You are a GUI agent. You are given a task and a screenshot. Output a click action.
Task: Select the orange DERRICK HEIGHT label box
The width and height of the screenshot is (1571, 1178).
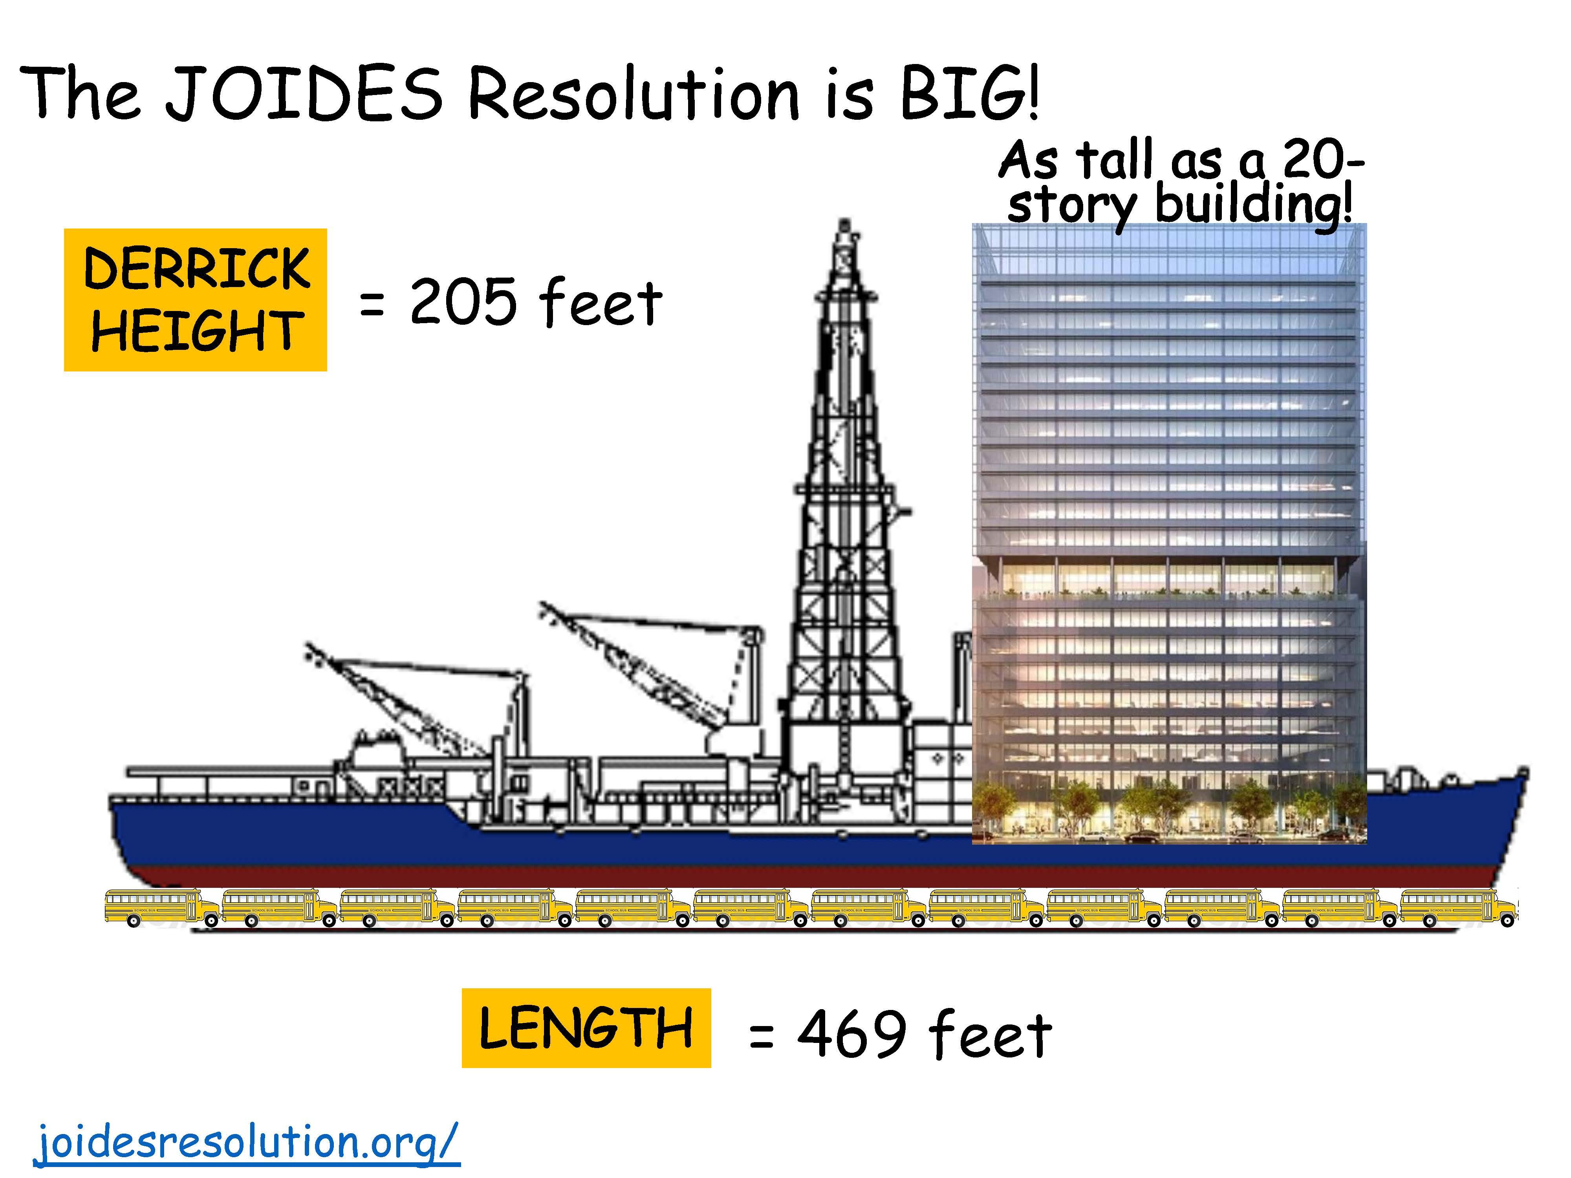click(195, 300)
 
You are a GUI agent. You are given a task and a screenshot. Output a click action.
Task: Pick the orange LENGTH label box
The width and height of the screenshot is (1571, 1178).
click(586, 1028)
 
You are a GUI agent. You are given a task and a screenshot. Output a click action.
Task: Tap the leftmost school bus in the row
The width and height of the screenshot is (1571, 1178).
click(163, 907)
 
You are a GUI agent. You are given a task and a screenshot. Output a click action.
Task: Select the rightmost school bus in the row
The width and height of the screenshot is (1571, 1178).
click(1459, 907)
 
